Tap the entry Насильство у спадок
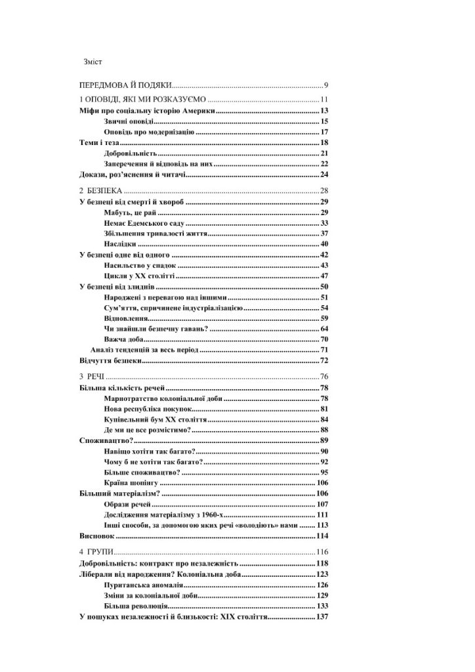[x=140, y=265]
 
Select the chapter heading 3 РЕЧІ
[x=91, y=377]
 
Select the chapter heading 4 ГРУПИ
[x=96, y=552]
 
